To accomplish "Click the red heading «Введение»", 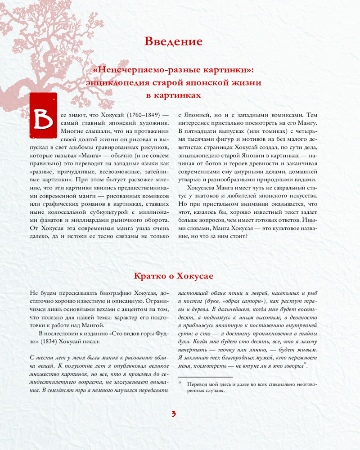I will pos(173,41).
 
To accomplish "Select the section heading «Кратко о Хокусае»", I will pos(174,275).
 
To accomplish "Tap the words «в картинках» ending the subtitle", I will pos(173,96).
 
